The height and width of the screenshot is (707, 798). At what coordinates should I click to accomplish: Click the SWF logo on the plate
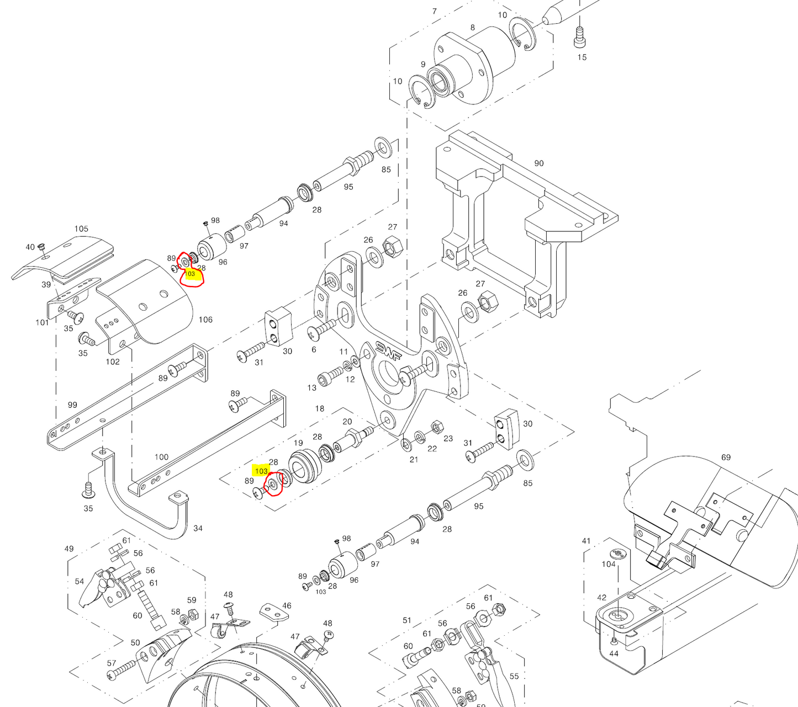pos(388,350)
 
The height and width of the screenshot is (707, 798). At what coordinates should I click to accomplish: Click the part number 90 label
pos(538,163)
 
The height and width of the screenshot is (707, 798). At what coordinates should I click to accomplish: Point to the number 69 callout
pos(726,457)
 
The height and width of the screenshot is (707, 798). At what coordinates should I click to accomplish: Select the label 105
pos(81,228)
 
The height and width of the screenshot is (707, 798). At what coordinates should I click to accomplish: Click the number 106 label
pos(205,320)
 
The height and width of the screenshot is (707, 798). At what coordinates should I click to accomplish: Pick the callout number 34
pos(198,528)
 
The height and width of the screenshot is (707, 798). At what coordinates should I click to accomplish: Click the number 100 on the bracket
pos(161,457)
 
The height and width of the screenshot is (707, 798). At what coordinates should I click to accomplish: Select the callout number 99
pos(72,405)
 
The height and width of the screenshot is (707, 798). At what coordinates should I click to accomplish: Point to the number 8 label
pos(473,28)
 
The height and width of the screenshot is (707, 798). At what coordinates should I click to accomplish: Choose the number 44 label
pos(614,653)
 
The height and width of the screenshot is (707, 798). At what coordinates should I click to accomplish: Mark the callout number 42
pos(601,597)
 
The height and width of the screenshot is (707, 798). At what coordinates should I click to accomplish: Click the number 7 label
pos(435,11)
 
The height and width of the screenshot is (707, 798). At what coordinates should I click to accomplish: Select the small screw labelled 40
pos(41,247)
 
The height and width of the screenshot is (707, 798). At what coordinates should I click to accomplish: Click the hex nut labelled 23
pos(436,427)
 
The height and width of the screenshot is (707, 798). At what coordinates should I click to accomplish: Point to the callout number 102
pos(113,362)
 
